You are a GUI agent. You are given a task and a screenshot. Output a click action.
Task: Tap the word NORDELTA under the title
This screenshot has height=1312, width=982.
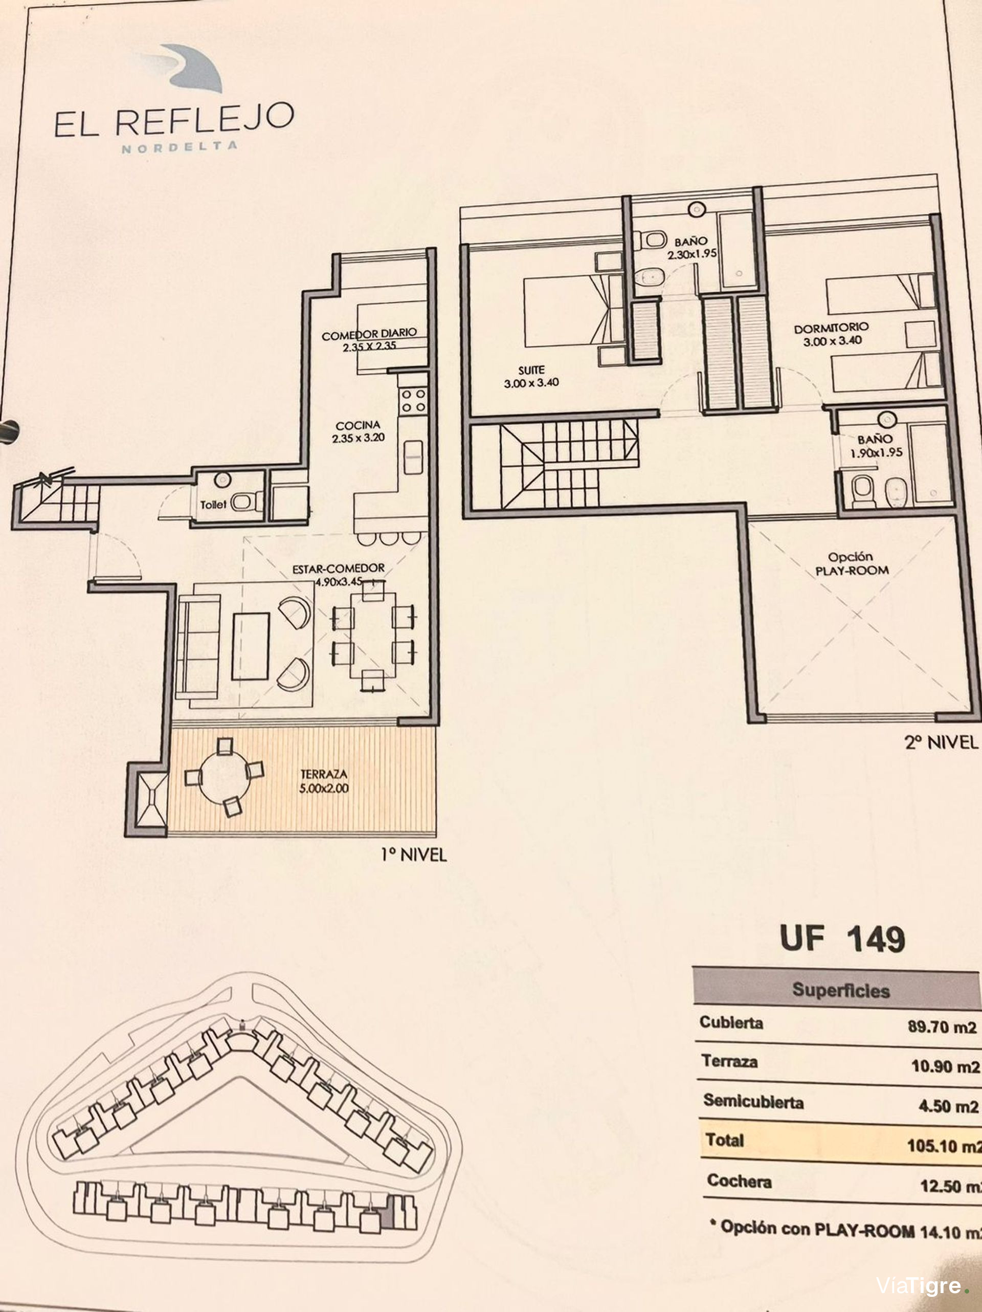(x=180, y=146)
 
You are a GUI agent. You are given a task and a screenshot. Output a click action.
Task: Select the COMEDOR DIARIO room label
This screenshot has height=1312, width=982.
(x=369, y=334)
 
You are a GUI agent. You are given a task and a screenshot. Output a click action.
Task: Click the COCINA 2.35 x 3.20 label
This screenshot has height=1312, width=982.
(x=358, y=432)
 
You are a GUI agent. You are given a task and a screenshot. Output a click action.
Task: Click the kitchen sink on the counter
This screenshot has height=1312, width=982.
(x=413, y=457)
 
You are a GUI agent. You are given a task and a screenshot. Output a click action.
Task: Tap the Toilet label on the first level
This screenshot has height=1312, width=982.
(x=213, y=505)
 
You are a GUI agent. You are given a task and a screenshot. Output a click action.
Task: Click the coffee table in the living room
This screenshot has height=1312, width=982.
(x=250, y=646)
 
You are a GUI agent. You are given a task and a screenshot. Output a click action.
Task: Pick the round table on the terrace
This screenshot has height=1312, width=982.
(x=226, y=776)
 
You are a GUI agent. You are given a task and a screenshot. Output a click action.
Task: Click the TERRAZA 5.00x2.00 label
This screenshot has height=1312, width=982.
(x=324, y=781)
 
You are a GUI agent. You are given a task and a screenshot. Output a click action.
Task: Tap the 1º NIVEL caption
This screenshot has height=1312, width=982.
(x=413, y=855)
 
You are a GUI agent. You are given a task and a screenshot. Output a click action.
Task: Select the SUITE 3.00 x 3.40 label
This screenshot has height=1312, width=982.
(x=531, y=376)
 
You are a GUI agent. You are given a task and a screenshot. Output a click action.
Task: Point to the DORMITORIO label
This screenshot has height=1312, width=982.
(x=832, y=327)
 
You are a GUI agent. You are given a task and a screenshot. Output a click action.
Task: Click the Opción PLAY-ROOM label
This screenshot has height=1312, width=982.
(x=852, y=563)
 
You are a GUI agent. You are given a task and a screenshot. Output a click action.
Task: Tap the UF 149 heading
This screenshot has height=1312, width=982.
(x=842, y=939)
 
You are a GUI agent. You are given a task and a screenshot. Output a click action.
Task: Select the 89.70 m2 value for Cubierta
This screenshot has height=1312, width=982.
(x=942, y=1026)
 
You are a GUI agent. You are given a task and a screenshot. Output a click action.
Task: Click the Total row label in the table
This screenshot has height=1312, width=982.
(x=724, y=1140)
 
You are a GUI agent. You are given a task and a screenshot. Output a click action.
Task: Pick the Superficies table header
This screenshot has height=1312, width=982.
(x=841, y=990)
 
